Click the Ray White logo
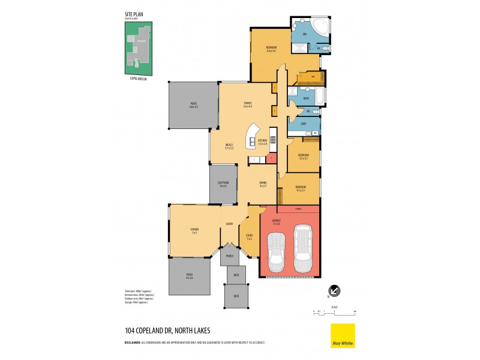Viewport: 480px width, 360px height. pos(343,336)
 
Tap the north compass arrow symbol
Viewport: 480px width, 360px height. pos(335,291)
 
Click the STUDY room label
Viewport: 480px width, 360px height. pos(249,237)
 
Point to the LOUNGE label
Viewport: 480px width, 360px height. pos(195,230)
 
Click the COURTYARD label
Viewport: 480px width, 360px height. pos(223,184)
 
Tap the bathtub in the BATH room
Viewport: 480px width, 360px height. pos(317,97)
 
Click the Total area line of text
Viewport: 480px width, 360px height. pos(138,291)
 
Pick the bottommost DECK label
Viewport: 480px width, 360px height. pos(236,296)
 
